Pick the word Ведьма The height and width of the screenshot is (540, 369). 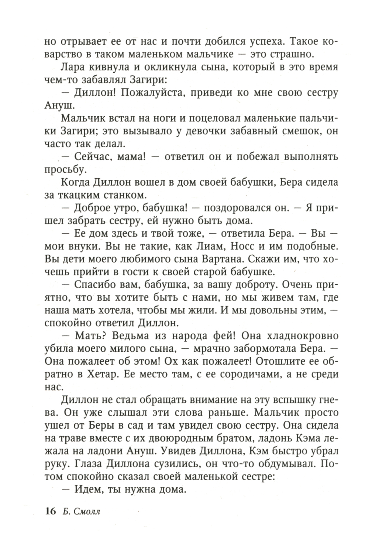point(139,336)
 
